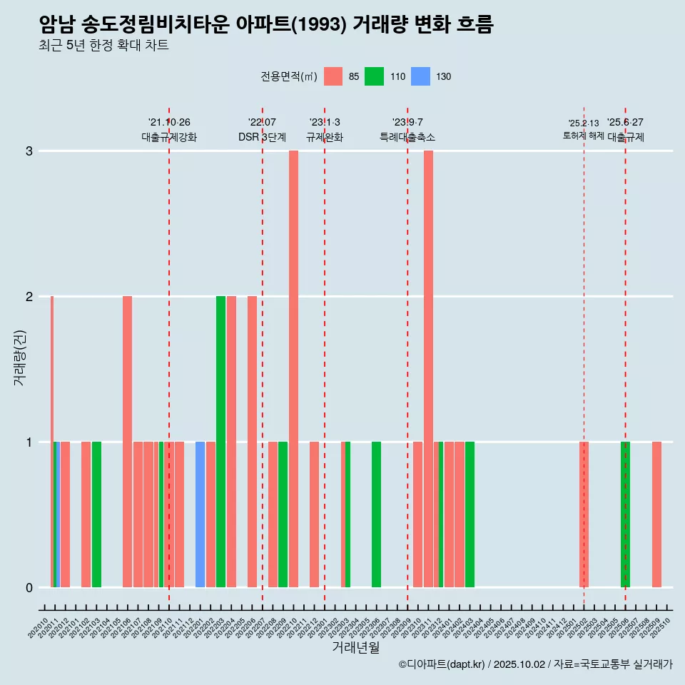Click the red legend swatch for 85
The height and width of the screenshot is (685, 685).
pyautogui.click(x=333, y=76)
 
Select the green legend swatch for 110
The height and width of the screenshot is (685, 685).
pyautogui.click(x=374, y=76)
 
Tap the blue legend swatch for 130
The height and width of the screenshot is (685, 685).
pyautogui.click(x=421, y=76)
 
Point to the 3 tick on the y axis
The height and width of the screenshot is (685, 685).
pyautogui.click(x=29, y=151)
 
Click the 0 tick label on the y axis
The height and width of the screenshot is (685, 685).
pyautogui.click(x=29, y=588)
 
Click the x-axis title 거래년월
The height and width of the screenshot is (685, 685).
pyautogui.click(x=355, y=647)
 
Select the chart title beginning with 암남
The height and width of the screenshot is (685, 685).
pyautogui.click(x=266, y=25)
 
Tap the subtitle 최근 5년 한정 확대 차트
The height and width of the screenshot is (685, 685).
pyautogui.click(x=103, y=46)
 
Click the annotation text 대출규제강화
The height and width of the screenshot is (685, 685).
pyautogui.click(x=169, y=137)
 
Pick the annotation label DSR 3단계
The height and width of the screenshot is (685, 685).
pyautogui.click(x=262, y=137)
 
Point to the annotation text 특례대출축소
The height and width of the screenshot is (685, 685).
pyautogui.click(x=407, y=137)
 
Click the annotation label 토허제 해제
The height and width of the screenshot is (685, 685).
pyautogui.click(x=584, y=136)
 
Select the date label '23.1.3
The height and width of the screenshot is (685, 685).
pyautogui.click(x=325, y=123)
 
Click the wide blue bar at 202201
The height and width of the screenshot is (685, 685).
pyautogui.click(x=201, y=514)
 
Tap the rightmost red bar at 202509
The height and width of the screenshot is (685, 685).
pyautogui.click(x=656, y=514)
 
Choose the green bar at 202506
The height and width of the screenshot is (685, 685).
pyautogui.click(x=625, y=514)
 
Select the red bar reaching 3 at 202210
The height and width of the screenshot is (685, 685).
pyautogui.click(x=293, y=369)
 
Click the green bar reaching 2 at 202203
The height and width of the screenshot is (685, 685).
pyautogui.click(x=220, y=441)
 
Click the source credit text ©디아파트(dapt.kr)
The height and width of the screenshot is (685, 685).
pyautogui.click(x=442, y=665)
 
